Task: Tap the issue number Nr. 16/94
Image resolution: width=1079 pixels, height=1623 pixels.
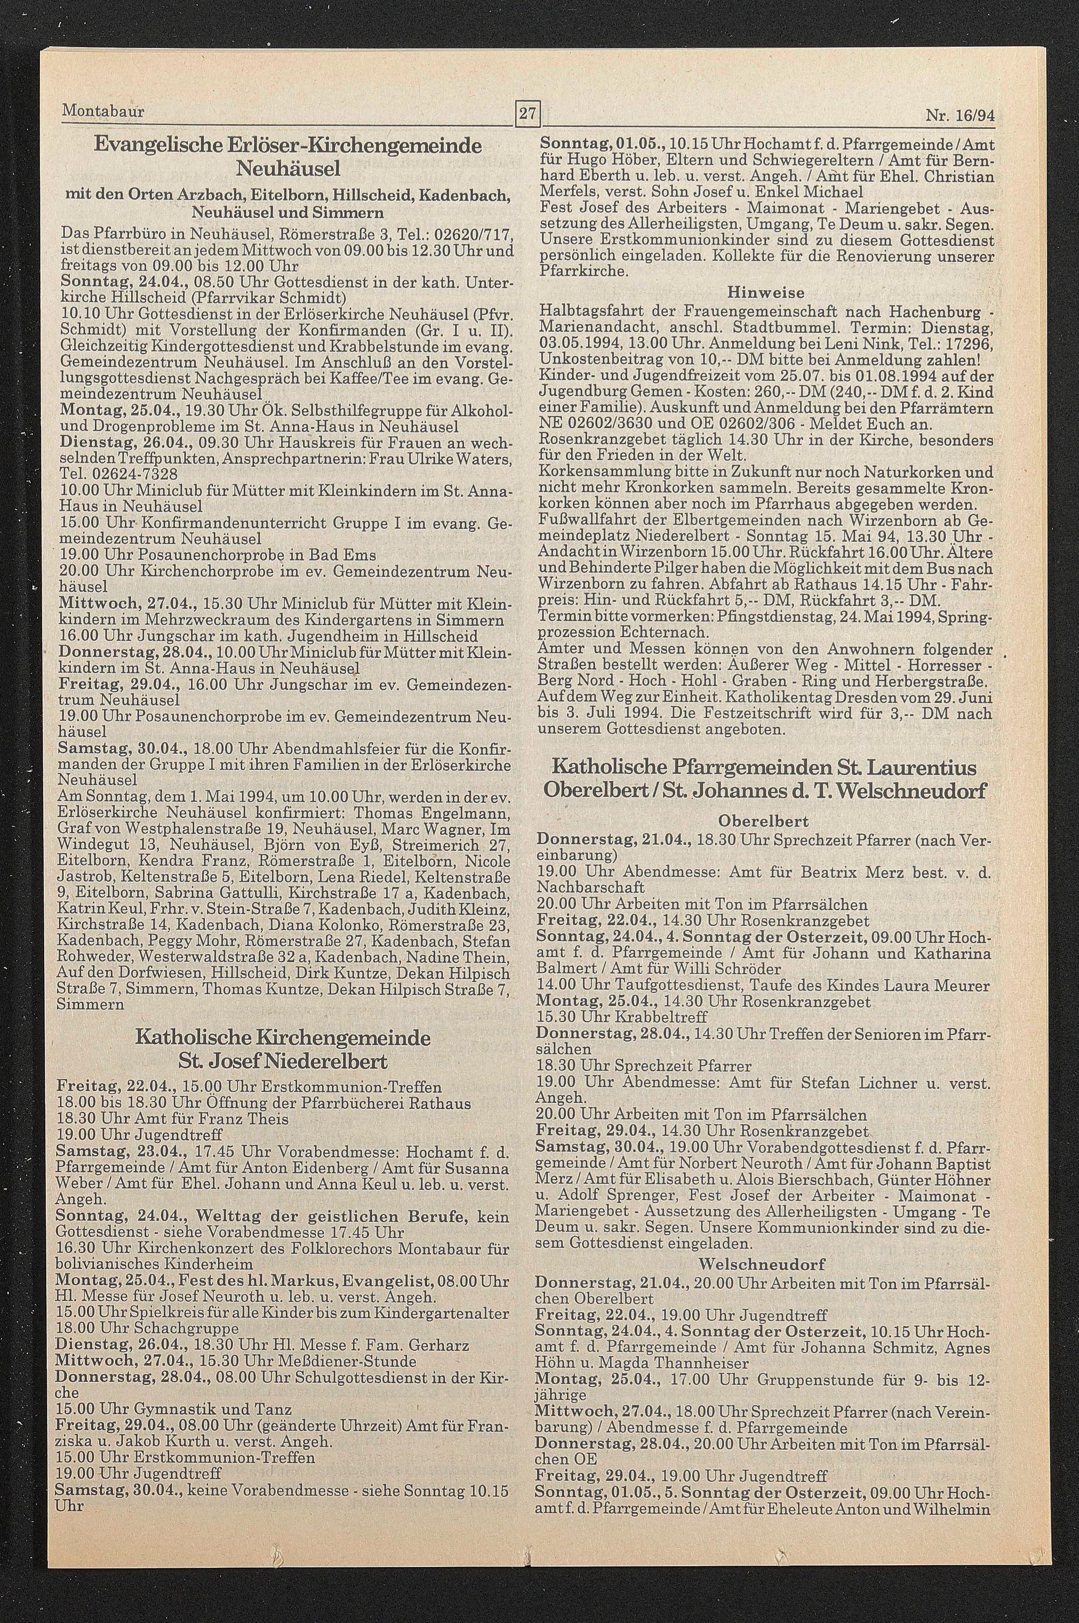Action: tap(960, 116)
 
